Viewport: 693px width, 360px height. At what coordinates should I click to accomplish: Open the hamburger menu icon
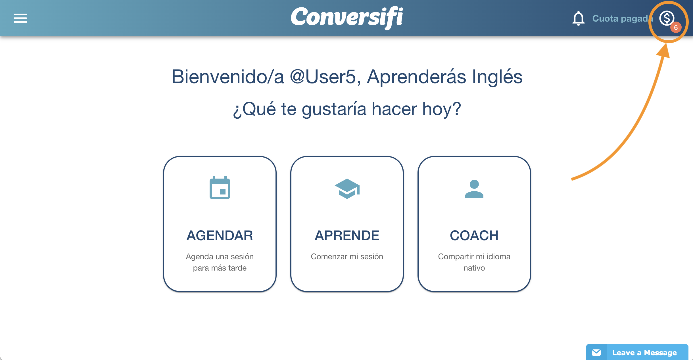click(x=20, y=18)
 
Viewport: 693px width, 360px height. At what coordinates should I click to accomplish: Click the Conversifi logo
click(x=347, y=18)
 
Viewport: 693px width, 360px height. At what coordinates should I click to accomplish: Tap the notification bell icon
click(x=578, y=18)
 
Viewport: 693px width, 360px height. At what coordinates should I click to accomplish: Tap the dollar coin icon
click(x=667, y=18)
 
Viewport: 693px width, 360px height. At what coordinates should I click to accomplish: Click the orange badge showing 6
click(x=676, y=28)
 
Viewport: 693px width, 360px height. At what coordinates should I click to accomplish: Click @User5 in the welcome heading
click(x=323, y=77)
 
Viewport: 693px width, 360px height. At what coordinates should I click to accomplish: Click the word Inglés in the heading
click(x=497, y=77)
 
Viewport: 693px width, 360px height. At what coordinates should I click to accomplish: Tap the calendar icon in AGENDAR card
click(x=220, y=188)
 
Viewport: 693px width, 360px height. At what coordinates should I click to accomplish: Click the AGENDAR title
click(x=220, y=235)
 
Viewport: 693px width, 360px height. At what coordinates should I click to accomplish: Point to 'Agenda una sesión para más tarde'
click(x=220, y=262)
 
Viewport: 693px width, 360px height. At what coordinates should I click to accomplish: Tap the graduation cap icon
click(x=347, y=189)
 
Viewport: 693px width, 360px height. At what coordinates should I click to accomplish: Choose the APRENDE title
click(x=347, y=235)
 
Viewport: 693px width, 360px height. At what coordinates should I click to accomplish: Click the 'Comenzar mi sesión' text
click(x=347, y=256)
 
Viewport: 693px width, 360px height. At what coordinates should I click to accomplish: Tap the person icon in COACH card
click(x=474, y=189)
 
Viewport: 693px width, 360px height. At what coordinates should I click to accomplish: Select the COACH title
click(x=474, y=235)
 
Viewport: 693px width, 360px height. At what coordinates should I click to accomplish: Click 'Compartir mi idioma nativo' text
click(x=474, y=262)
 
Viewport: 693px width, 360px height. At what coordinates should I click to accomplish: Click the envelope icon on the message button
click(x=596, y=353)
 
